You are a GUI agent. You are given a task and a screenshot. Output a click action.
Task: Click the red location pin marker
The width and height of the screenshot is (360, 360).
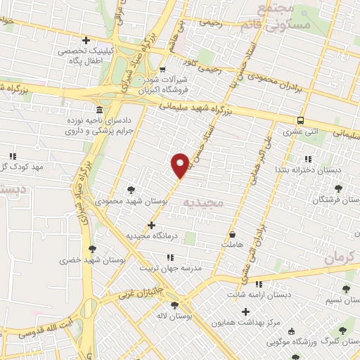[181, 165]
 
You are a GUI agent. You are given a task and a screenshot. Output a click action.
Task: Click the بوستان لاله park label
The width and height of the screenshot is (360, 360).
[174, 316]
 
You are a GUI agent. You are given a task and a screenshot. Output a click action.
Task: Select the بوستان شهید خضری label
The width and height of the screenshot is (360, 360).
[90, 260]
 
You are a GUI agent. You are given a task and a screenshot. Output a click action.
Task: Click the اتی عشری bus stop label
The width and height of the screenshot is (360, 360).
[300, 131]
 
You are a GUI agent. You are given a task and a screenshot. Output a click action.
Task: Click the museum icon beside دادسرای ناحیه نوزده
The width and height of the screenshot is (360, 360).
[98, 111]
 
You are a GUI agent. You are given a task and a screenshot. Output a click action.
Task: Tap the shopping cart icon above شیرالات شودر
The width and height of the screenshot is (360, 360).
[162, 69]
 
